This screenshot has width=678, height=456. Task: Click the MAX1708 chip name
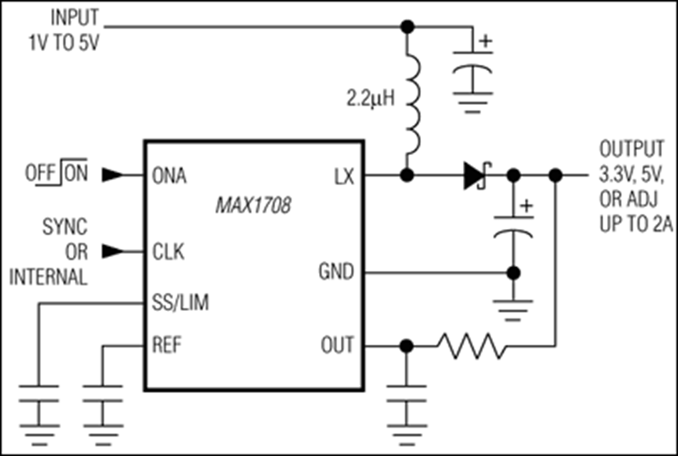pyautogui.click(x=253, y=205)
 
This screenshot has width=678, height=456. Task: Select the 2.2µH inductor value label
pyautogui.click(x=371, y=98)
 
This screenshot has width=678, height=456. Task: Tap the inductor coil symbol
pyautogui.click(x=413, y=102)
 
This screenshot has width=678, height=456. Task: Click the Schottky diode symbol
pyautogui.click(x=478, y=175)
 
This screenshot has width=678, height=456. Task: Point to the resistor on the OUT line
pyautogui.click(x=471, y=347)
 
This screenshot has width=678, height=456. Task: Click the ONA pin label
pyautogui.click(x=169, y=175)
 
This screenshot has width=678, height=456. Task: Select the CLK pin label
pyautogui.click(x=169, y=252)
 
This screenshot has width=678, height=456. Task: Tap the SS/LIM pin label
pyautogui.click(x=180, y=302)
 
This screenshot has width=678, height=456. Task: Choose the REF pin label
pyautogui.click(x=167, y=345)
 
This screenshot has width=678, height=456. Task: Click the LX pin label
pyautogui.click(x=344, y=176)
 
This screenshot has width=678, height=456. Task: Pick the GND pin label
pyautogui.click(x=336, y=272)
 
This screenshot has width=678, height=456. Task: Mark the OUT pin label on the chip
pyautogui.click(x=337, y=345)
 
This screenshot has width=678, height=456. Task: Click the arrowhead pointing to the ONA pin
pyautogui.click(x=112, y=175)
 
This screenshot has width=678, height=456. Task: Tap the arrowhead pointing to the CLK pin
pyautogui.click(x=112, y=252)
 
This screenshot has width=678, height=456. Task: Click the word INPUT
pyautogui.click(x=75, y=17)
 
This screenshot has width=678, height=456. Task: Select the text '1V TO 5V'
pyautogui.click(x=64, y=43)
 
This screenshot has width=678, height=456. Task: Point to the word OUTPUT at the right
pyautogui.click(x=632, y=149)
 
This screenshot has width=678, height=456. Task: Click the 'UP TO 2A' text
pyautogui.click(x=636, y=224)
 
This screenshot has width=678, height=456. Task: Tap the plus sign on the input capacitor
pyautogui.click(x=486, y=41)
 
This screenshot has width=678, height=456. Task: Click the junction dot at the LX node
pyautogui.click(x=406, y=175)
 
